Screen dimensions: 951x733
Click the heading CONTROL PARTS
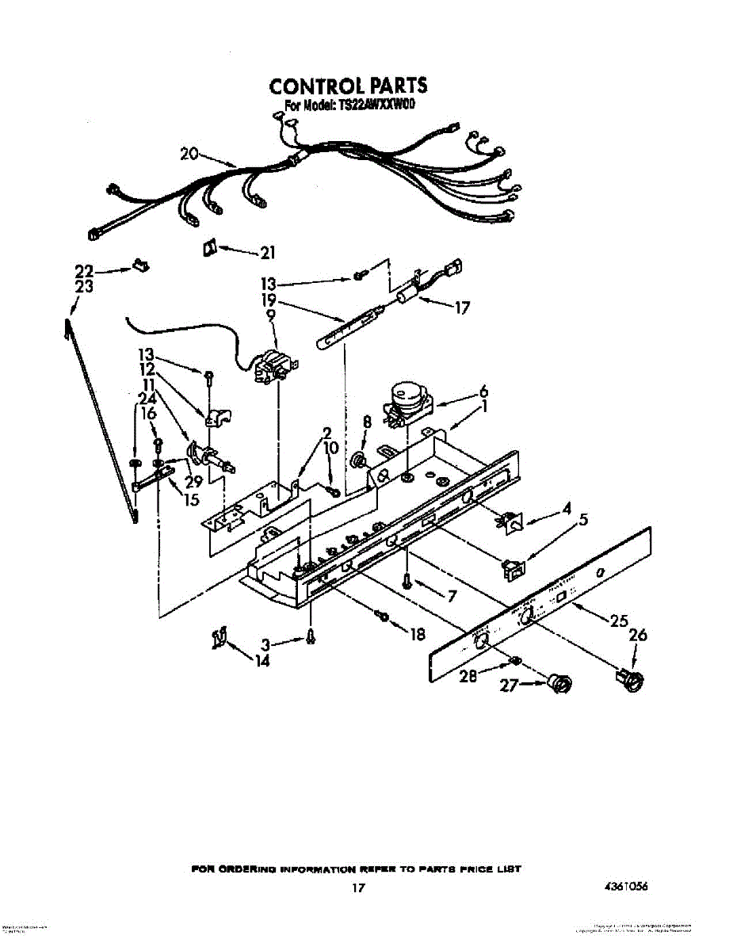(x=348, y=86)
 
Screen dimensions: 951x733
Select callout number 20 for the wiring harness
(x=189, y=154)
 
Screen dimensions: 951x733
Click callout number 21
(x=267, y=254)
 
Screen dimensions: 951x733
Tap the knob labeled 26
(x=629, y=678)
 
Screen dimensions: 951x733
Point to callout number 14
(x=262, y=661)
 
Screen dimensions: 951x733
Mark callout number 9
(x=271, y=315)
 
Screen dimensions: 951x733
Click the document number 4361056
(x=625, y=887)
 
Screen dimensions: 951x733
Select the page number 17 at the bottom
(x=358, y=888)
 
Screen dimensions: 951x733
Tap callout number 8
(x=366, y=422)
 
